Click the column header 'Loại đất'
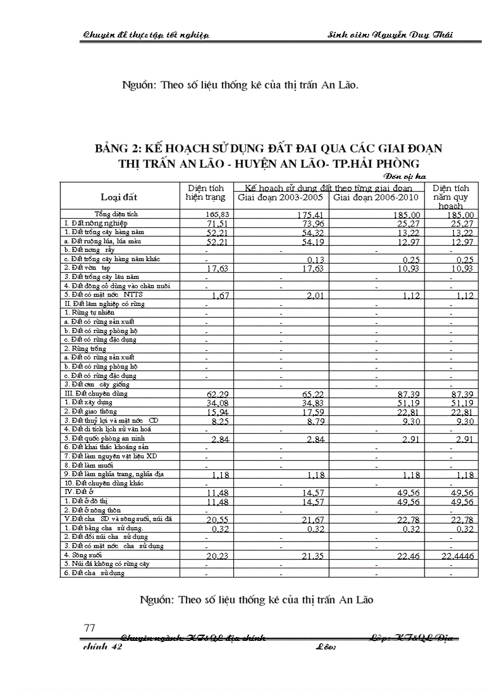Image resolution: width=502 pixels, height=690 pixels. pyautogui.click(x=119, y=197)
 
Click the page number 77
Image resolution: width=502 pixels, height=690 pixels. pyautogui.click(x=89, y=627)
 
